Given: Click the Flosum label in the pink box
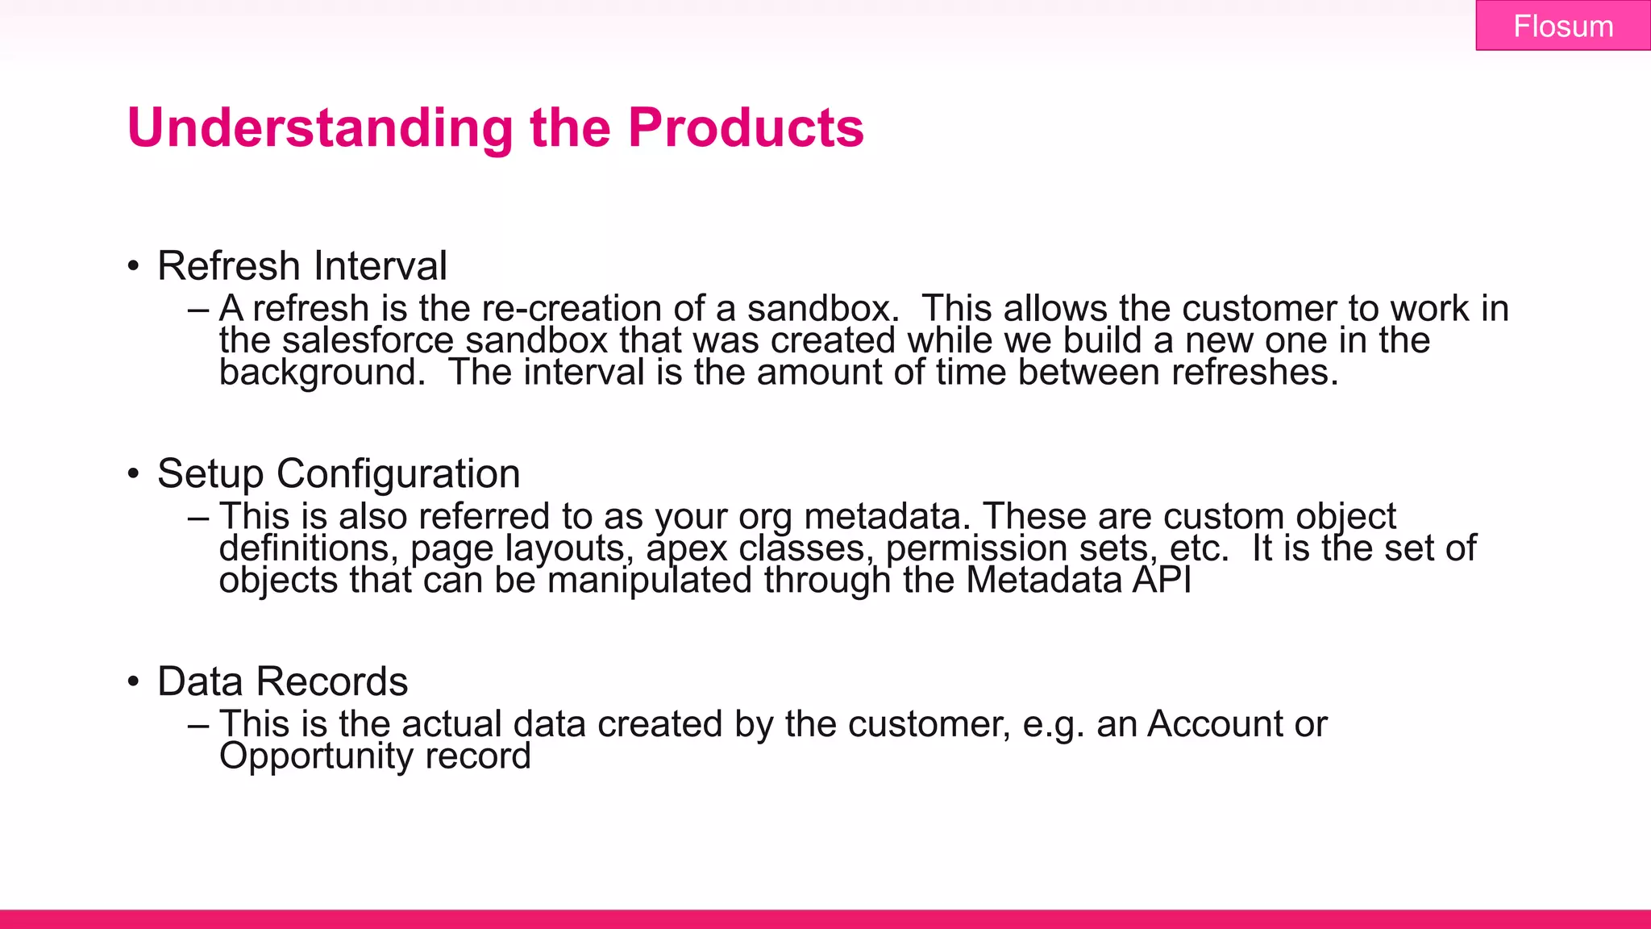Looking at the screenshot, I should coord(1562,27).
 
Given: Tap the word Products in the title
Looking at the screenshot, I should coord(746,128).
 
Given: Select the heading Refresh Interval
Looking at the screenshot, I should coord(302,266).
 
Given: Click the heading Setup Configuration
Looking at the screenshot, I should coord(339,473).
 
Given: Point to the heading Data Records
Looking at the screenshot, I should coord(282,681).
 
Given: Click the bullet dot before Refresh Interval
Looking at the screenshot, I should coord(133,267).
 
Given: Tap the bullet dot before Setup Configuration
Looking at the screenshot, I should coord(133,474).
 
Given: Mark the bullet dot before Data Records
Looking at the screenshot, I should coord(133,682).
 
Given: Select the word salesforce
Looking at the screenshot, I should coord(368,340).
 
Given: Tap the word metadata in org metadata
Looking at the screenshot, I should coord(886,516).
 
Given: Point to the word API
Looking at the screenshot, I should coord(1161,581).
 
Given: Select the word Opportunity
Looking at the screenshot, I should coord(315,756).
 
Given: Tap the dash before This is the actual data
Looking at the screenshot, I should coord(198,725).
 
